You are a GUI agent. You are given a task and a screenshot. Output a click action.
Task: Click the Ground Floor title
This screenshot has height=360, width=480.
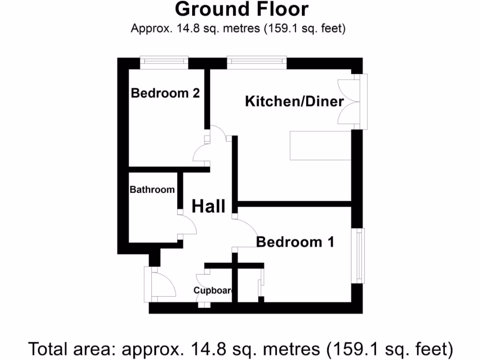click(x=241, y=9)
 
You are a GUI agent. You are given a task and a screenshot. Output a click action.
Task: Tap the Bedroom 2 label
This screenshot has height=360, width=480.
click(x=165, y=93)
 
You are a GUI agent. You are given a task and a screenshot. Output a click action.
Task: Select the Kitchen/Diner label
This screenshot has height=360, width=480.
click(x=294, y=101)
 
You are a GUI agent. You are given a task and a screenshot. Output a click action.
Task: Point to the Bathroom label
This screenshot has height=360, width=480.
click(x=152, y=190)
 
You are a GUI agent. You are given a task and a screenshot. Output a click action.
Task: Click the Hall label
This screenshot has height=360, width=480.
click(x=209, y=206)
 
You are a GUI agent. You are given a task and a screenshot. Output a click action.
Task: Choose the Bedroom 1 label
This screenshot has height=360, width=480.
click(x=295, y=242)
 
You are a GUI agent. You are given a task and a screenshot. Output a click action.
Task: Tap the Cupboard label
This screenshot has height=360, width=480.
click(x=213, y=291)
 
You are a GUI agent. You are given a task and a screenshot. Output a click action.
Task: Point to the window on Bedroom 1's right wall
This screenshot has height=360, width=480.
click(x=359, y=255)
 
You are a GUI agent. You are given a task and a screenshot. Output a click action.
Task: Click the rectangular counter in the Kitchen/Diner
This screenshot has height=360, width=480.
click(x=320, y=146)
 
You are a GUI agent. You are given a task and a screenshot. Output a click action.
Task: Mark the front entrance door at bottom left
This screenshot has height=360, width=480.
click(x=159, y=284)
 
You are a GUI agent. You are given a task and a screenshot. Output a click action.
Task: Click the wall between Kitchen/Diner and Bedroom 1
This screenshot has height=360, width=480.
click(x=294, y=204)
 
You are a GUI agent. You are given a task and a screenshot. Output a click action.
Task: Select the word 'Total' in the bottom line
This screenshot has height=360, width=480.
click(x=48, y=349)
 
